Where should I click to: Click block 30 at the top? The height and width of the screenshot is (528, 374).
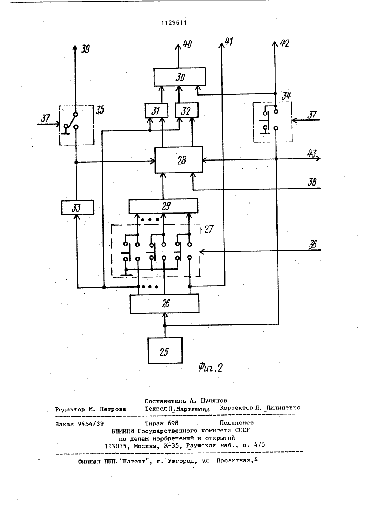click(x=180, y=77)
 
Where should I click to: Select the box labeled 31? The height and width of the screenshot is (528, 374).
click(x=156, y=111)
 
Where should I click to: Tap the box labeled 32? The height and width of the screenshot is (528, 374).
click(x=187, y=110)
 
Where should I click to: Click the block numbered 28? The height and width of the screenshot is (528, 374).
click(x=179, y=160)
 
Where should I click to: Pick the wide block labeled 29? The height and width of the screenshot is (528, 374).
click(x=163, y=206)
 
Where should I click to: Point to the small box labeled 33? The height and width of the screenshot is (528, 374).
click(x=77, y=208)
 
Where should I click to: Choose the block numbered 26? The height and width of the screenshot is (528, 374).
click(x=165, y=304)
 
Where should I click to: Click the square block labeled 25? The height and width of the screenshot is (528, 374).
click(x=165, y=351)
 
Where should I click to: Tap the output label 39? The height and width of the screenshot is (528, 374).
click(x=85, y=49)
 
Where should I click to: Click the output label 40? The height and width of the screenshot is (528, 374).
click(x=187, y=44)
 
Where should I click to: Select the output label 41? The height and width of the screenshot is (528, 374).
click(x=229, y=41)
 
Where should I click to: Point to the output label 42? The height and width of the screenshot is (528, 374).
click(x=285, y=43)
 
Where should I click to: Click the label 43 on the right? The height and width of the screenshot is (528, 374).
click(x=312, y=154)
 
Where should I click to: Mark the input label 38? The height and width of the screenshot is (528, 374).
click(x=312, y=182)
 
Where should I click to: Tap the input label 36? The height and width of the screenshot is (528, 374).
click(x=313, y=245)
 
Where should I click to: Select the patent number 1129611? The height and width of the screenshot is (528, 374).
click(x=174, y=23)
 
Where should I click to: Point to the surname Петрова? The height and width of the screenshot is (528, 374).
click(x=113, y=409)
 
